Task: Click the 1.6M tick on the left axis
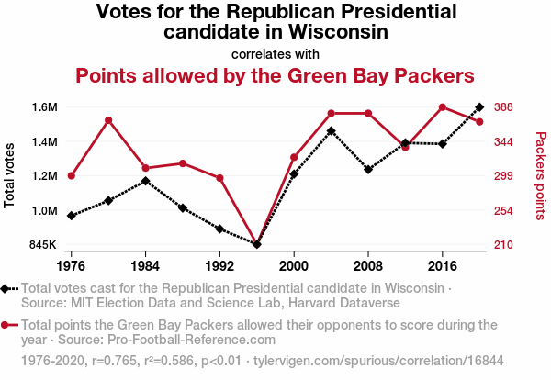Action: tap(43, 107)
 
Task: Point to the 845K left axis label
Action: tap(42, 245)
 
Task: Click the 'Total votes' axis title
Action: tap(10, 175)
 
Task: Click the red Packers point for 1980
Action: tap(108, 120)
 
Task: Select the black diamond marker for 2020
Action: tap(479, 107)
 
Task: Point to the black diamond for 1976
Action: tap(72, 216)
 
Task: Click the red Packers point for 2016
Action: tap(443, 107)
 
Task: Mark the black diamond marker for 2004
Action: tap(331, 131)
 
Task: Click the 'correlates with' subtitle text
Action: tap(275, 53)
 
